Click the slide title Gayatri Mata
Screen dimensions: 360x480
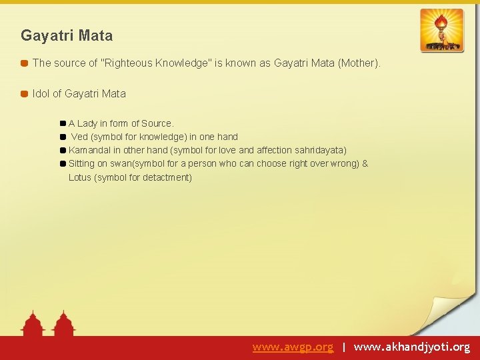coord(67,35)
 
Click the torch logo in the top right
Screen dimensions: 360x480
coord(441,30)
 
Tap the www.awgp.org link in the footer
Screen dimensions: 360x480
coord(293,347)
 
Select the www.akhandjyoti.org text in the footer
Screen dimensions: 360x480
coord(411,347)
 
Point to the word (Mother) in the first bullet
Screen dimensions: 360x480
coord(359,63)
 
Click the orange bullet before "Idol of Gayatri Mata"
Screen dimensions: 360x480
coord(24,94)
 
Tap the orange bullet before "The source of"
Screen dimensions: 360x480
coord(24,63)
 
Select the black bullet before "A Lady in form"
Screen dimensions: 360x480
coord(63,123)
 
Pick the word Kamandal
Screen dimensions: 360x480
coord(90,150)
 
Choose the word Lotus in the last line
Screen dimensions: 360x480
coord(80,177)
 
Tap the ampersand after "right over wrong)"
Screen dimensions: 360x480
coord(365,163)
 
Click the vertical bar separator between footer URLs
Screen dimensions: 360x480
coord(343,347)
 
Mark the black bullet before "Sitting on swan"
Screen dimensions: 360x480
coord(63,163)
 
